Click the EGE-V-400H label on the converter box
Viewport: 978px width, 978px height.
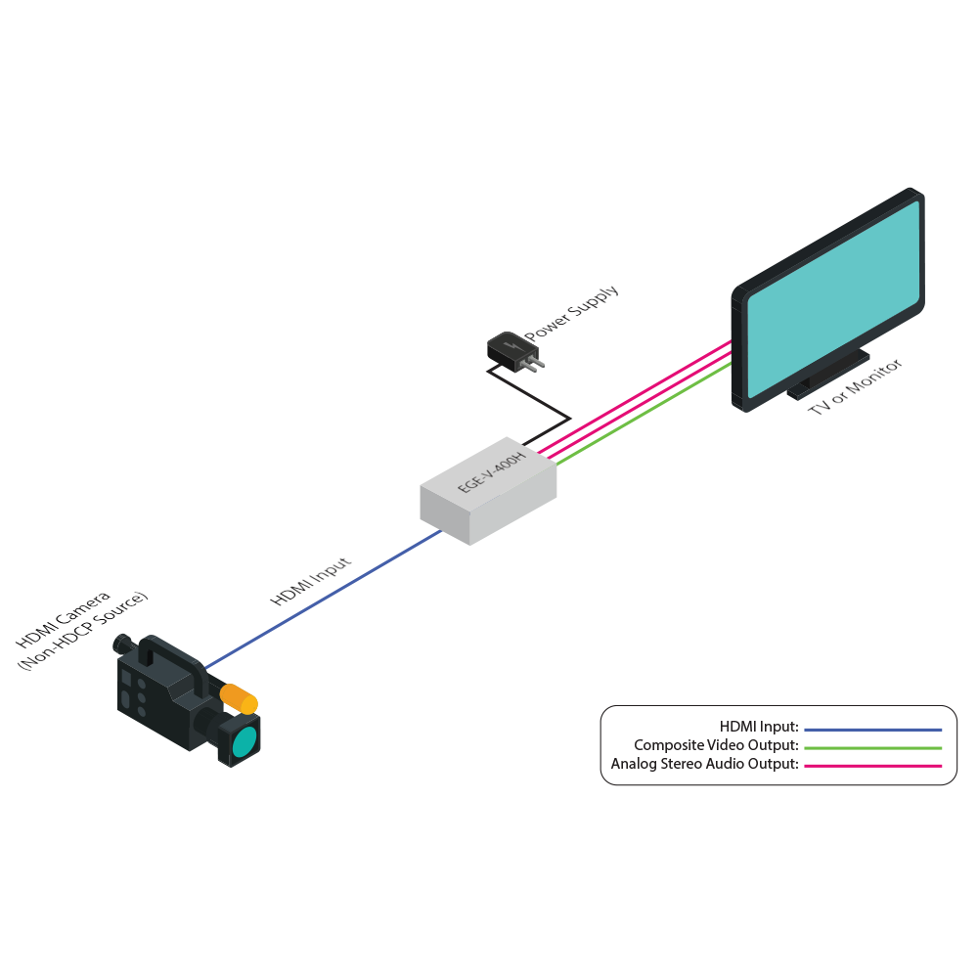(492, 472)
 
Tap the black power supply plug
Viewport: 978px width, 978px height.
(514, 352)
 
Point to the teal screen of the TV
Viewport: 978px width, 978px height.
(833, 298)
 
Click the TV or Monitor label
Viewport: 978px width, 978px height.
(855, 386)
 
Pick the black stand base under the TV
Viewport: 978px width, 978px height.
(827, 375)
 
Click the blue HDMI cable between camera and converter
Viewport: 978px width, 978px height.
(323, 600)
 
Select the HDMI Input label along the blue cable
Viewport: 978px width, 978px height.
(311, 581)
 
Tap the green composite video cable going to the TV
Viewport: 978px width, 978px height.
(644, 414)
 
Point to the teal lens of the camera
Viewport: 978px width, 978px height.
(244, 742)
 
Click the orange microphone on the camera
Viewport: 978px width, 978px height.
(239, 698)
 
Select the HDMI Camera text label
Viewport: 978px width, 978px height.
(63, 619)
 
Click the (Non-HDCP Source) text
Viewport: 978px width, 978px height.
(82, 631)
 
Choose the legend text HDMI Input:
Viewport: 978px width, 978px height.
(759, 727)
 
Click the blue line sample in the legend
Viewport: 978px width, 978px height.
(872, 730)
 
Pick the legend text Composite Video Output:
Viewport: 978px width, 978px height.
(716, 745)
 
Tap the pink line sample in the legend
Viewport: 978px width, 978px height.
(872, 766)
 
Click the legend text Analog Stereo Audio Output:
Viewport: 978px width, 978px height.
(705, 764)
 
